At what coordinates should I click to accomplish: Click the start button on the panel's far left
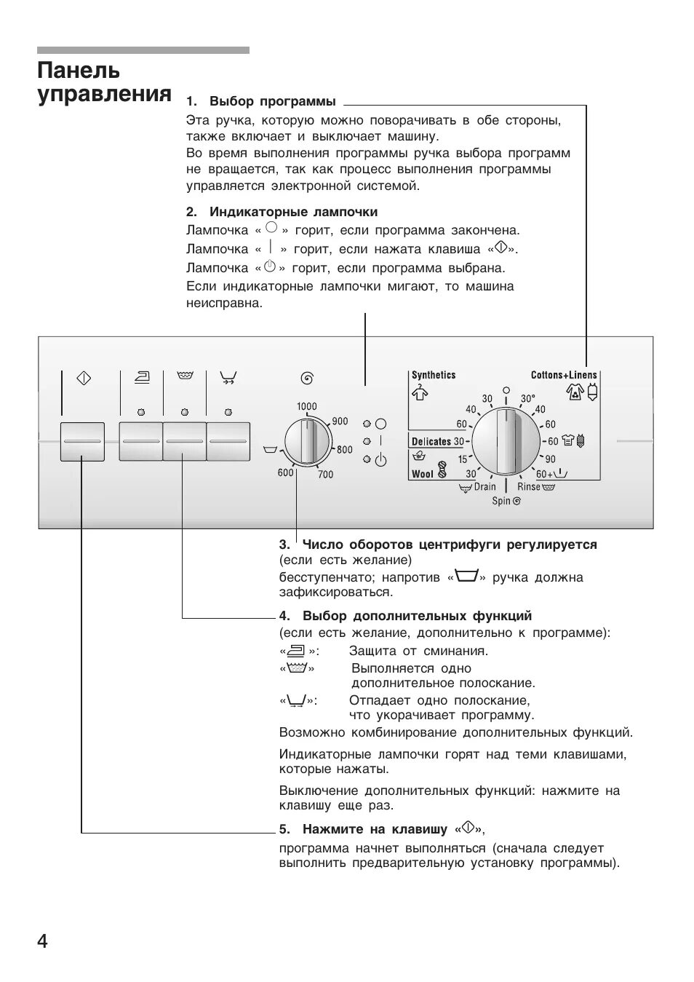point(82,441)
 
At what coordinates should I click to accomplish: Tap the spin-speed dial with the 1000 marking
point(307,441)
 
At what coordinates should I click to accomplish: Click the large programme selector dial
point(506,442)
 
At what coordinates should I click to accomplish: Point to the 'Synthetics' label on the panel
point(434,375)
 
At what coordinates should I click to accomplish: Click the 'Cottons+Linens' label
point(563,375)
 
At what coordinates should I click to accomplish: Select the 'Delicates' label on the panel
point(431,441)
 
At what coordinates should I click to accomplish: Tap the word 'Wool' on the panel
point(422,474)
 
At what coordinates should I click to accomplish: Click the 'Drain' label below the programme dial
point(484,487)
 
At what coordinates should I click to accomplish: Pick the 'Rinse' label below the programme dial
point(529,487)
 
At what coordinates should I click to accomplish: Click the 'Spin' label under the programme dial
point(501,501)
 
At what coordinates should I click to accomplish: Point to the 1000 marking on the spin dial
point(306,406)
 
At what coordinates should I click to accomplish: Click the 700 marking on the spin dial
point(325,475)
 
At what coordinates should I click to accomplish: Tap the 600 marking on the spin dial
point(285,473)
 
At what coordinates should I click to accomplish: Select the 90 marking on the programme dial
point(550,459)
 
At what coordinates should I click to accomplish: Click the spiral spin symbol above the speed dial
point(307,378)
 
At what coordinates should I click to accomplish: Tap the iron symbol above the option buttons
point(141,377)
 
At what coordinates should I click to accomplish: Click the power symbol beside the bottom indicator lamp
point(380,460)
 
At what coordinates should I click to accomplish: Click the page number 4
point(42,941)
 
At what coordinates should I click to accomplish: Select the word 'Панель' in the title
point(79,71)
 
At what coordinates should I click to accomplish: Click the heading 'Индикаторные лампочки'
point(293,212)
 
